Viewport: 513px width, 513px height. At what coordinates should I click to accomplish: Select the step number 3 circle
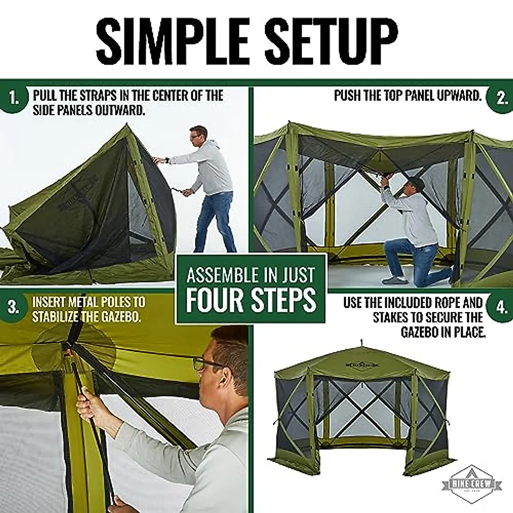(x=14, y=308)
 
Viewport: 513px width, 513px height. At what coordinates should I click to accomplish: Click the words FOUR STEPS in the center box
(x=251, y=301)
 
